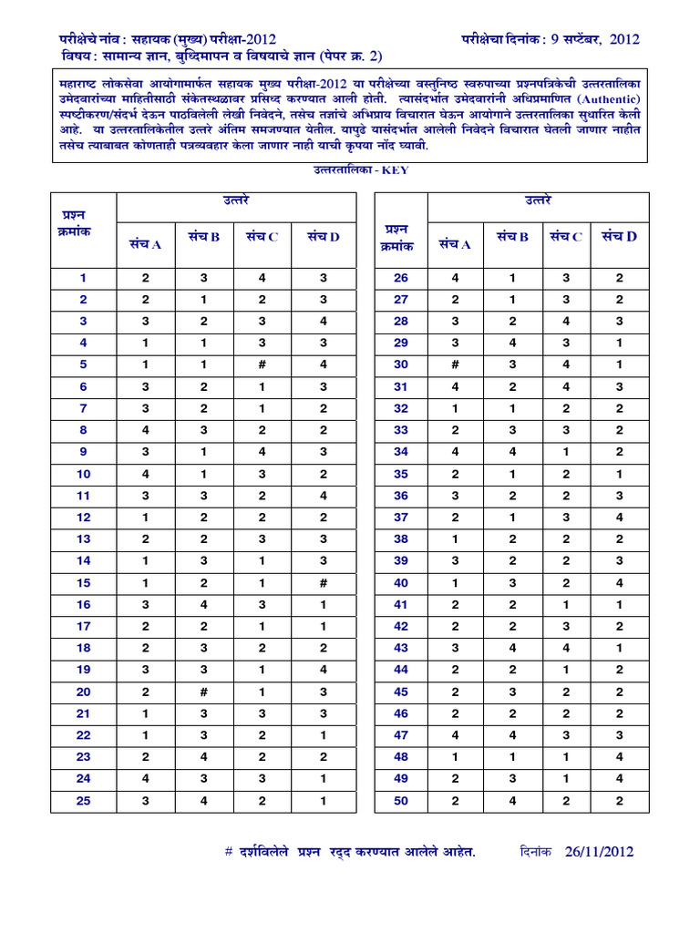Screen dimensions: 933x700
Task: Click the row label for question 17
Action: (83, 626)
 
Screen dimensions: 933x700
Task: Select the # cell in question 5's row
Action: (262, 364)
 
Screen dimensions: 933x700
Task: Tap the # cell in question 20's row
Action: (204, 692)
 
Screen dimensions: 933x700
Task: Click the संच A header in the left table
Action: (145, 243)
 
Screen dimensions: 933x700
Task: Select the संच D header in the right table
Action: (619, 237)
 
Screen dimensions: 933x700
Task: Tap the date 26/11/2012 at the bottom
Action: (599, 852)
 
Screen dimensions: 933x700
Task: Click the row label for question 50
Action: (400, 801)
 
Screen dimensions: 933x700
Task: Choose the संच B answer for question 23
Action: (204, 757)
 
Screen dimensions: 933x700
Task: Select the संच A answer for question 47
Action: (455, 735)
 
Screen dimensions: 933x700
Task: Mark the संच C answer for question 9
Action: (262, 452)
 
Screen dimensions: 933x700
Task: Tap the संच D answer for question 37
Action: (619, 518)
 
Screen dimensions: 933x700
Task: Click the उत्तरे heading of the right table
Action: (538, 200)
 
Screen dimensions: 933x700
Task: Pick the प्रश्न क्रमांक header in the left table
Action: (83, 223)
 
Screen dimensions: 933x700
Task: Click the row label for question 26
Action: (400, 278)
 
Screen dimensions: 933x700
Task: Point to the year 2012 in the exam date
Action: (623, 39)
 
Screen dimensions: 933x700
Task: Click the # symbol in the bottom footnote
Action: (229, 852)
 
